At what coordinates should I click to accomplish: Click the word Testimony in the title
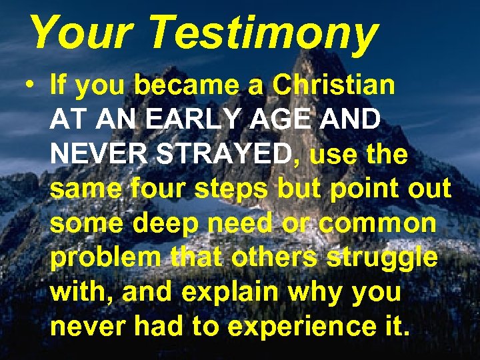(263, 33)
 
